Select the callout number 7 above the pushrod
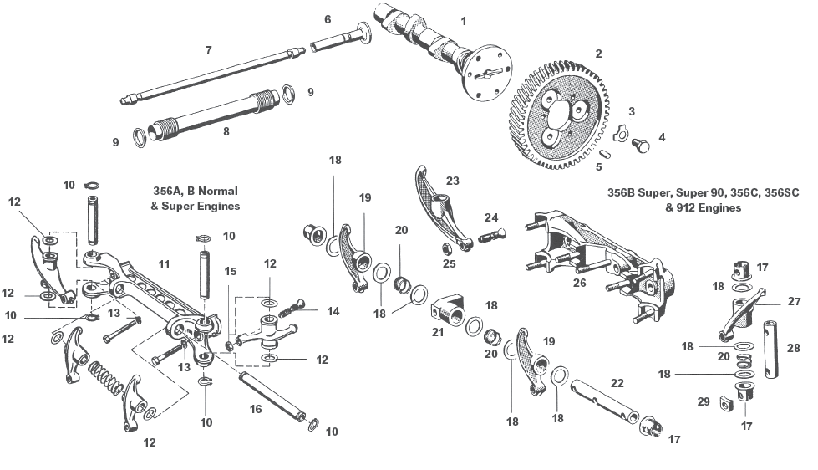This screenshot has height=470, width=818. (208, 49)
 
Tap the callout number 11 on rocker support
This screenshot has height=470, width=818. (164, 264)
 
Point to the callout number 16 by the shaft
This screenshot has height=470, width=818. (255, 409)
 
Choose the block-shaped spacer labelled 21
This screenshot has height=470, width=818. (451, 316)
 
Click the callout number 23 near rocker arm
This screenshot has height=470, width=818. (453, 180)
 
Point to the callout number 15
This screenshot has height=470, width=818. (231, 271)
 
